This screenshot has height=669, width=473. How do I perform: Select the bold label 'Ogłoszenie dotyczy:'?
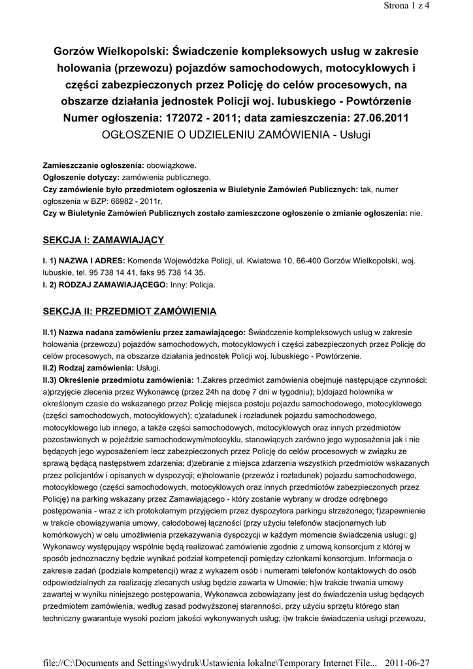pos(80,177)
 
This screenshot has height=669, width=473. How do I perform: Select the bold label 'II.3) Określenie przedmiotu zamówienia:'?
pos(118,379)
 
